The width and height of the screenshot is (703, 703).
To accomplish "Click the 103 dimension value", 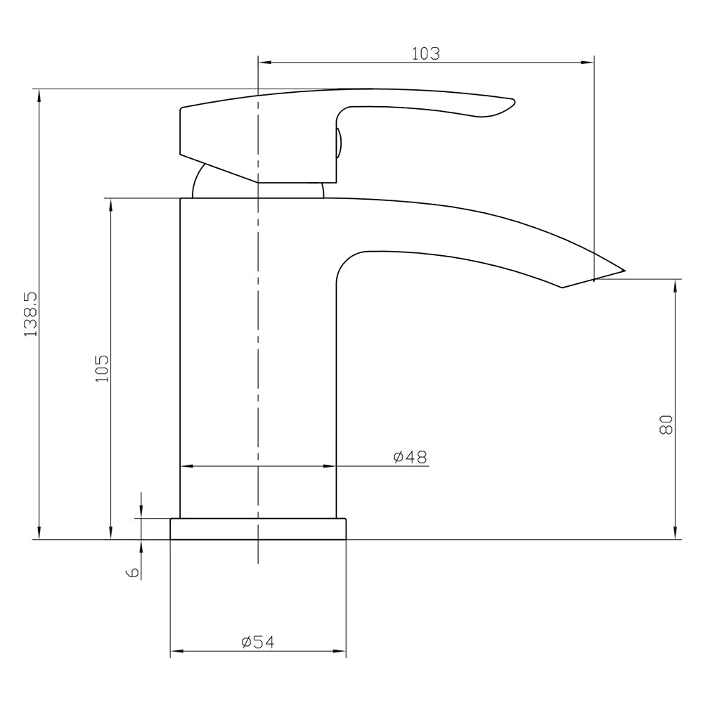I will (425, 53).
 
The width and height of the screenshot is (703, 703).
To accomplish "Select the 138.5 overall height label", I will (30, 314).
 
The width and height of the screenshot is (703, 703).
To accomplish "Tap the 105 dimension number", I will (102, 368).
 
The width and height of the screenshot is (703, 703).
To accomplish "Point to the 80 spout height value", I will (666, 424).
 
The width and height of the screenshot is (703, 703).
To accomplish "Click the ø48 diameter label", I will (410, 457).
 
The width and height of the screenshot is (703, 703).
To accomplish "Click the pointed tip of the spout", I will (622, 269).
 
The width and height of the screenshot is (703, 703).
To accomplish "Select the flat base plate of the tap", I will (258, 529).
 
